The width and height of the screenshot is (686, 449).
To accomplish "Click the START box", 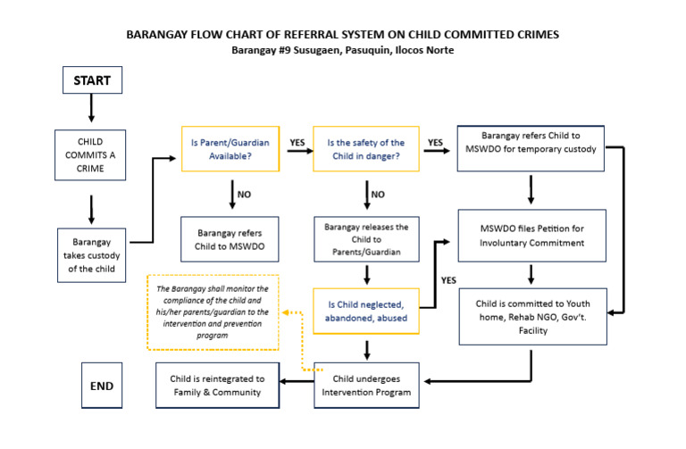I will click(x=91, y=80).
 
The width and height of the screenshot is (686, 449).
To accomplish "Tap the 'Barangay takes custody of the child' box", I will click(x=91, y=252).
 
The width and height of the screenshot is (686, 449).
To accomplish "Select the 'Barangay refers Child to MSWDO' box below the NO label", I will click(x=230, y=238).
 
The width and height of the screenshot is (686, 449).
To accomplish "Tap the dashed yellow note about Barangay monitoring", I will click(x=213, y=312).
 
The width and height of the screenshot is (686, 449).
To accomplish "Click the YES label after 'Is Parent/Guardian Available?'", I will click(x=297, y=142).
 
